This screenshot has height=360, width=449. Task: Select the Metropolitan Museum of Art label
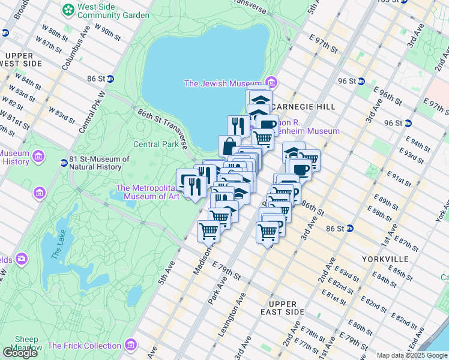(148, 191)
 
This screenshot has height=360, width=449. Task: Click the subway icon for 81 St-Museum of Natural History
(64, 163)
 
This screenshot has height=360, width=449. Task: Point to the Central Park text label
(155, 144)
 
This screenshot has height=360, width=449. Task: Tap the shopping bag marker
(229, 146)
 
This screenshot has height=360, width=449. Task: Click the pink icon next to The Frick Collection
(130, 346)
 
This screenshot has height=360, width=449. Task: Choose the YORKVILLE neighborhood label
(385, 259)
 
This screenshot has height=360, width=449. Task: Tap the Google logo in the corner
(20, 352)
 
